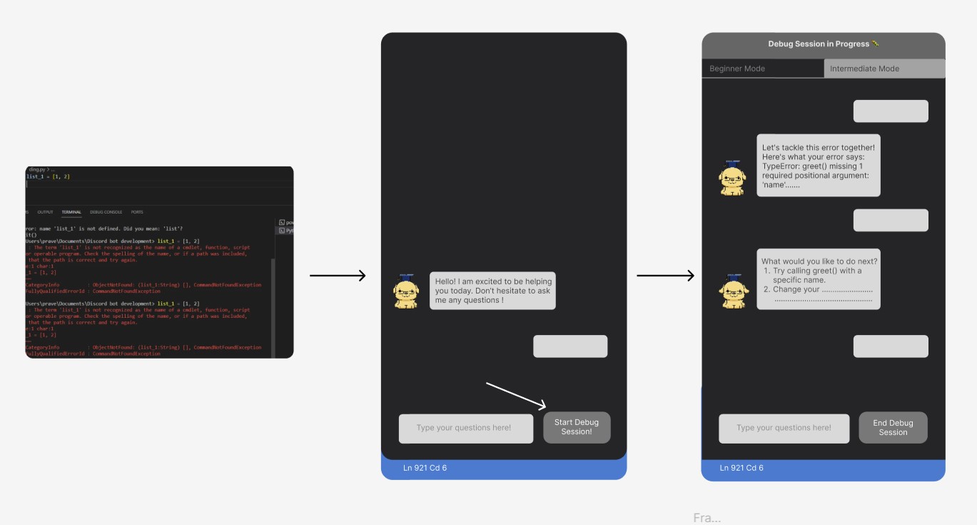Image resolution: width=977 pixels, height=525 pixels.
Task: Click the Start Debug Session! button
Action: coord(577,427)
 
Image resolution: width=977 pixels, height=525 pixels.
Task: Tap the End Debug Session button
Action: coord(893,427)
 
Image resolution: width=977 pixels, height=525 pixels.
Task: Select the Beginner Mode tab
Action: coord(762,69)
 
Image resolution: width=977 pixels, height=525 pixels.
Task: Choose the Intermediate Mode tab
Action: coord(884,69)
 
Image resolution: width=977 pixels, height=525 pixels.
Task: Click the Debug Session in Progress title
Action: coord(823,44)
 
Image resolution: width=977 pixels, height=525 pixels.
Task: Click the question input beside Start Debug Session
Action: coord(465,428)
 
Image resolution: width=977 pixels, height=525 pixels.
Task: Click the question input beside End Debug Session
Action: coord(784,428)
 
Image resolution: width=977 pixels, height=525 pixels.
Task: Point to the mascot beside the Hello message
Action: coord(406,291)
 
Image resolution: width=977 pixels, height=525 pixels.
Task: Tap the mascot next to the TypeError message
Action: coord(732,178)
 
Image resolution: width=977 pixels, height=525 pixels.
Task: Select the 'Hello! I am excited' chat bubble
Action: coord(492,291)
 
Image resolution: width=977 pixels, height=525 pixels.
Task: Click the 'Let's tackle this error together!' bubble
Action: coord(818,165)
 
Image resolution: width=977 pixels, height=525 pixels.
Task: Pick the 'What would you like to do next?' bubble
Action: coord(818,279)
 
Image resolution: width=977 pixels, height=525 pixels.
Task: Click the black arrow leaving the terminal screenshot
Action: coord(338,276)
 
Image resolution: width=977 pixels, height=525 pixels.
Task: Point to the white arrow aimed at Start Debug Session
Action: coord(517,396)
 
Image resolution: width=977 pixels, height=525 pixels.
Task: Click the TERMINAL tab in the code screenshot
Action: coord(71,212)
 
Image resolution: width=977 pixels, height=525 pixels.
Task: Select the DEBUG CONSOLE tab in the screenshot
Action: coord(106,212)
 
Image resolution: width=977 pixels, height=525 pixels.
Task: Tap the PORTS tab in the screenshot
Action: coord(137,212)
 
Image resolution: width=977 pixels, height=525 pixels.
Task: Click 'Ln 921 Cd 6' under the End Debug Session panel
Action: coord(741,468)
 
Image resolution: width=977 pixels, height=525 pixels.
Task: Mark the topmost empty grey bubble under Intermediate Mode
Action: coord(891,111)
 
